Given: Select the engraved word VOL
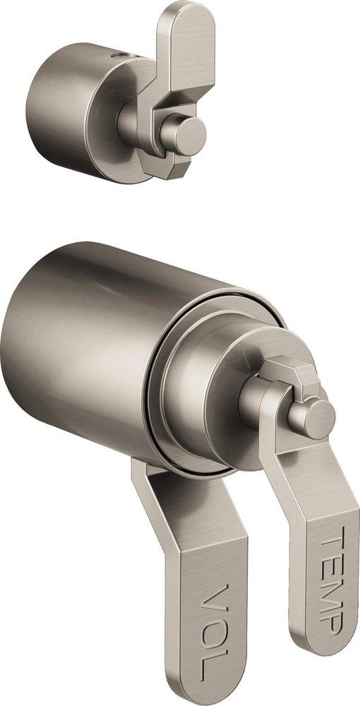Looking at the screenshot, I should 212,628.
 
